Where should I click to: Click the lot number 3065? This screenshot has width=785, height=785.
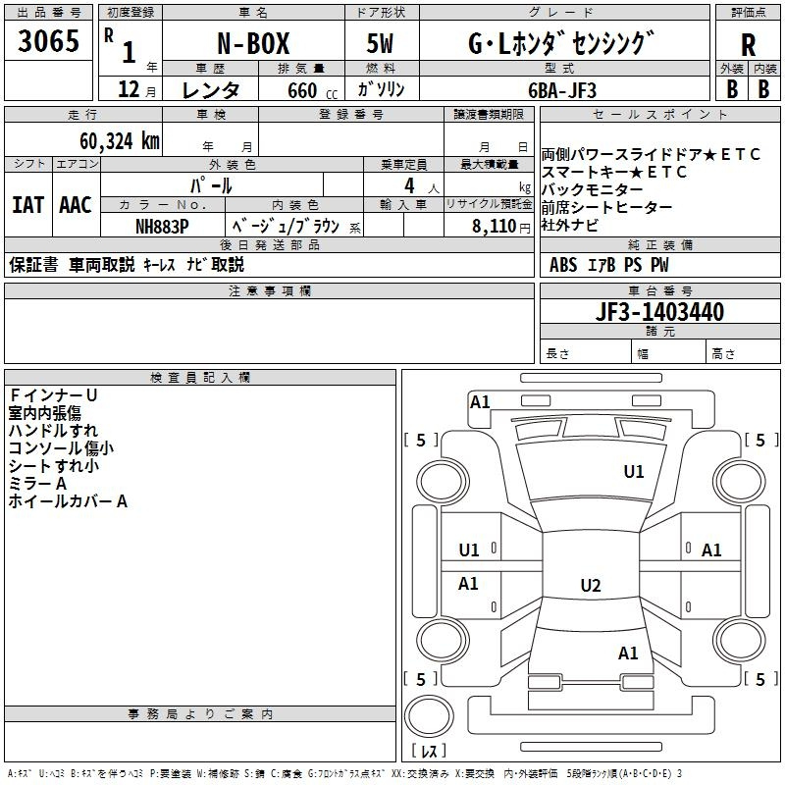(x=48, y=40)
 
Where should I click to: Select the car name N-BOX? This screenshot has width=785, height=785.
(x=253, y=43)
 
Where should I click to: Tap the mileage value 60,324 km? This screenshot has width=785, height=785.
(x=120, y=141)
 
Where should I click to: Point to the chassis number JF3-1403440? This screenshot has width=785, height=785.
(x=659, y=311)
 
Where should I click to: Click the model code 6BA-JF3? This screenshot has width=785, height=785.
(x=562, y=90)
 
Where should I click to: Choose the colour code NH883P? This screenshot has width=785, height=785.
(x=162, y=227)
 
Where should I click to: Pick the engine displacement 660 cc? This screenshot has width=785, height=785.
(x=312, y=90)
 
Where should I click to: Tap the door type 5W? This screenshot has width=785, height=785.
(x=380, y=43)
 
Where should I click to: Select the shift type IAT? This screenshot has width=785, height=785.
(x=27, y=205)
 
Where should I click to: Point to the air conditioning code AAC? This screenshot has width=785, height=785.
(x=76, y=205)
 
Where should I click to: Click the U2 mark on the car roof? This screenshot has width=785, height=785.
(x=591, y=585)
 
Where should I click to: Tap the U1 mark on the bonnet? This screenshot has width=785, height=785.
(x=633, y=471)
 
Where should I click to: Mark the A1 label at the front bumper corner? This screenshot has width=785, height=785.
(x=480, y=402)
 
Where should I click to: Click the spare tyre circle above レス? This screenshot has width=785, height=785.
(x=429, y=716)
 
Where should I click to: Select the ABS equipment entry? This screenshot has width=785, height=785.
(x=563, y=265)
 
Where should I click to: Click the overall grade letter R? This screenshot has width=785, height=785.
(x=748, y=44)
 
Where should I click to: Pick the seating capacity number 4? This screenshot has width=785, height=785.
(x=409, y=185)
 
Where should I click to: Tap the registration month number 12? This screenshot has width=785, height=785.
(x=129, y=89)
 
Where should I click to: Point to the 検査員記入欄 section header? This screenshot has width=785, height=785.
(x=200, y=378)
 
